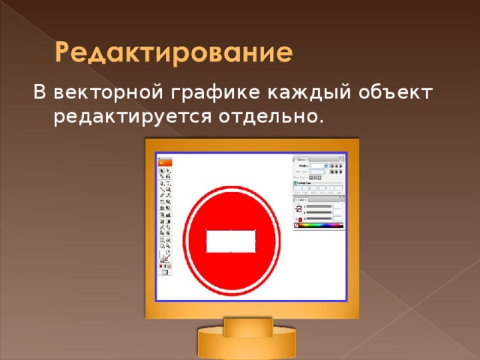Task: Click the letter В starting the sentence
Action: pyautogui.click(x=39, y=92)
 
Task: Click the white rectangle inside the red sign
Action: pyautogui.click(x=231, y=241)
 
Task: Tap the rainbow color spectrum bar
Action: pyautogui.click(x=320, y=225)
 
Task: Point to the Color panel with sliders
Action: pyautogui.click(x=319, y=212)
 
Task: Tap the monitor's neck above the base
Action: pyautogui.click(x=248, y=324)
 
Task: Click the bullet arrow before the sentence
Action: pyautogui.click(x=19, y=93)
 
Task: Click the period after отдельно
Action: pyautogui.click(x=322, y=122)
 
